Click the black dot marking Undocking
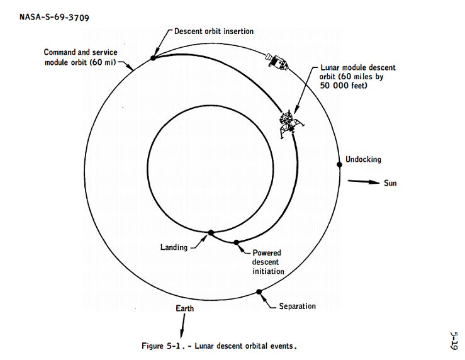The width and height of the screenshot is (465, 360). tap(340, 164)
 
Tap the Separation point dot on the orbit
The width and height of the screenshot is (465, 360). tap(259, 292)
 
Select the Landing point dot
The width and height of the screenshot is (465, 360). tap(211, 232)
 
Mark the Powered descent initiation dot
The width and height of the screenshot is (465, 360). tap(236, 242)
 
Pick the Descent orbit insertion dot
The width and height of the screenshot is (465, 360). tap(153, 58)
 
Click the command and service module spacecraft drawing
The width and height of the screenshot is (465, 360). tap(277, 62)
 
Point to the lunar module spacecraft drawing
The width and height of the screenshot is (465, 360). tap(291, 123)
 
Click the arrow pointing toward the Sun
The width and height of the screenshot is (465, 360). tap(364, 181)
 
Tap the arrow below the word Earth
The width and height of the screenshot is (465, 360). tap(182, 325)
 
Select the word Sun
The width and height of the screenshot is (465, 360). tap(390, 183)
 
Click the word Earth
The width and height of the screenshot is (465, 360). tap(185, 308)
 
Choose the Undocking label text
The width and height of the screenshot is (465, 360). tap(363, 159)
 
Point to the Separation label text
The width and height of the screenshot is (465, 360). tap(298, 306)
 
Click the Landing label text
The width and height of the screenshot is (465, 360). tap(174, 247)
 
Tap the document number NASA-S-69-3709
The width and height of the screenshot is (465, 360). tap(54, 17)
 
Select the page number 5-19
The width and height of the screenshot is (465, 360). tap(454, 340)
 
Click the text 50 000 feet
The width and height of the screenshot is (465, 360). tap(344, 86)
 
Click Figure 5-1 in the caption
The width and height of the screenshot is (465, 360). tap(161, 346)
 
